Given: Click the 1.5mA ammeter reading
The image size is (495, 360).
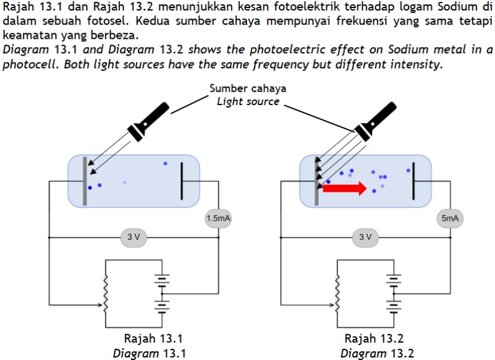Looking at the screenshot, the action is pos(219,218).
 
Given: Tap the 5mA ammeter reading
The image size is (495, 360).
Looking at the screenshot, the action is pos(450,218).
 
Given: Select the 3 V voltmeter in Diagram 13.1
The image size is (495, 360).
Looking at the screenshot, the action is pos(133,238).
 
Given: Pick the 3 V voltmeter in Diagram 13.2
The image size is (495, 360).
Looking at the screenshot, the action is pos(365,238).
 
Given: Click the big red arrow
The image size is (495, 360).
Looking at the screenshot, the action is pos(345,189).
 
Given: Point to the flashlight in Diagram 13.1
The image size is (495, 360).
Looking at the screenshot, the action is pos(148,121).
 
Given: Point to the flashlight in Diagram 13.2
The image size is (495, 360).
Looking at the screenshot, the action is pos(375,121).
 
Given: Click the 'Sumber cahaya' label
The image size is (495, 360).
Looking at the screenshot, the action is pos(248,88).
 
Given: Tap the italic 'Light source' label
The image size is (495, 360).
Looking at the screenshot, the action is pos(248,101).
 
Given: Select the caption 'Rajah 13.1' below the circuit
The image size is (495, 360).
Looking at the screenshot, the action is pos(153,338).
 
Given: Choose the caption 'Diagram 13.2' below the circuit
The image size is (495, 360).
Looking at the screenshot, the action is pos(377,353).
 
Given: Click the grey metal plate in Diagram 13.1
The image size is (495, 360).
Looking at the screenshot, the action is pos(85,181).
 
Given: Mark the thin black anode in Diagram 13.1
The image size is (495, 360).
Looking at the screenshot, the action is pos(182,181).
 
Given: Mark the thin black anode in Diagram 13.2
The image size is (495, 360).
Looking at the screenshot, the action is pos(413,181).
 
